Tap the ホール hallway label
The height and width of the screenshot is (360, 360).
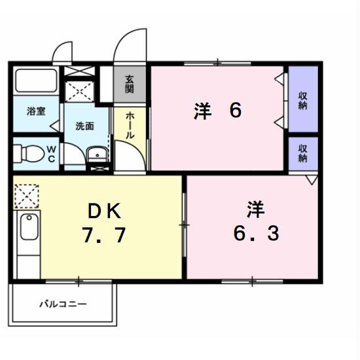tap(130, 124)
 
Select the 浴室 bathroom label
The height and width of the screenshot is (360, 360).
tap(36, 111)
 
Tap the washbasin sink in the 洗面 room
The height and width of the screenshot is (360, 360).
tap(96, 154)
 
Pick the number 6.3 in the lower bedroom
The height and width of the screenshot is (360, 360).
tap(256, 233)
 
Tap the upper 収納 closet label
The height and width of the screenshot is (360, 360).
tap(303, 101)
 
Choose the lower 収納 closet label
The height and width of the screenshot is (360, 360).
tap(303, 153)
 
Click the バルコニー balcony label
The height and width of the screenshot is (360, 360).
tap(62, 304)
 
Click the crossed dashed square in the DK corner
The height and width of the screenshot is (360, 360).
tap(27, 195)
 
